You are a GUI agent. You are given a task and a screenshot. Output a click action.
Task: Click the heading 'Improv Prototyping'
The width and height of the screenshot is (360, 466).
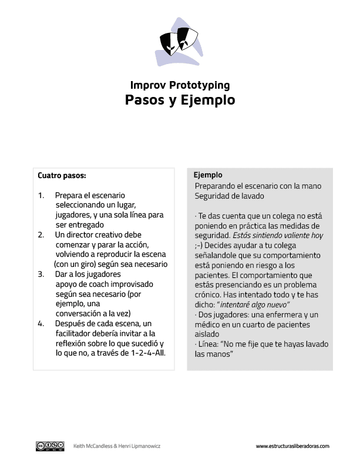click(x=180, y=85)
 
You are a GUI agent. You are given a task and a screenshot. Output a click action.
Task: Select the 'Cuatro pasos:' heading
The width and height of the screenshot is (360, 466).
click(x=62, y=175)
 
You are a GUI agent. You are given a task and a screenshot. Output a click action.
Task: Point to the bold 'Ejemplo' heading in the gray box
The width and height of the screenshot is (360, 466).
click(x=208, y=175)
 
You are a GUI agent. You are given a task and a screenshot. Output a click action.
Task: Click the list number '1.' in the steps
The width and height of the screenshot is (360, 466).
click(x=41, y=195)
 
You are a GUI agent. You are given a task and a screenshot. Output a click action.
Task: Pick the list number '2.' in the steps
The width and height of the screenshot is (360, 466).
click(x=41, y=234)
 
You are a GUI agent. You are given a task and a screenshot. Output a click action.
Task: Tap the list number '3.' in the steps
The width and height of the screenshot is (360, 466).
click(x=41, y=274)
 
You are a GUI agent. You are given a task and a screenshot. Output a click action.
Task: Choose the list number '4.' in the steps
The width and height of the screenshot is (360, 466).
click(x=41, y=323)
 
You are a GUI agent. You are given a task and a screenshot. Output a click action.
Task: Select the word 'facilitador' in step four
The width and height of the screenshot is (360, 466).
click(x=73, y=333)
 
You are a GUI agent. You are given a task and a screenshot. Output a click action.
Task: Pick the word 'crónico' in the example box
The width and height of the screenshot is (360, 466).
click(x=208, y=294)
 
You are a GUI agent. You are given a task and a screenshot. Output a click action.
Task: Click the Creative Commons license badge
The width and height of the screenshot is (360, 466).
click(x=51, y=446)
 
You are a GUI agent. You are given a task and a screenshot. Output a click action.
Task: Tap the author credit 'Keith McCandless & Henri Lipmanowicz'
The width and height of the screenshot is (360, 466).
click(x=117, y=447)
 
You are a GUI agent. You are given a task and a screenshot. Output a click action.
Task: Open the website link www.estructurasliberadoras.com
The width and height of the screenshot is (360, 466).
click(x=292, y=447)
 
